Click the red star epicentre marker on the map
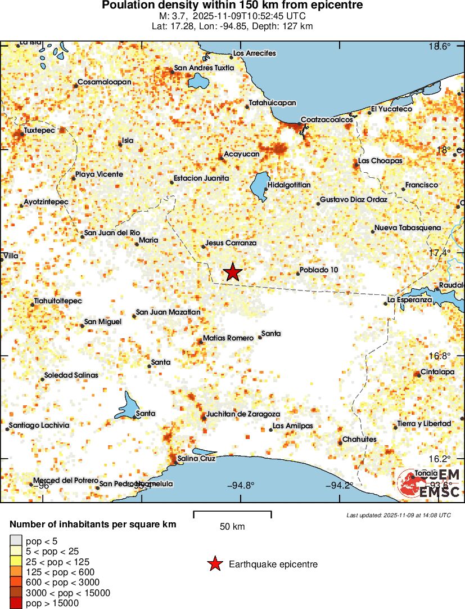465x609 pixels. coord(233,272)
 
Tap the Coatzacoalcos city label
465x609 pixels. coord(327,120)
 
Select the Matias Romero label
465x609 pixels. coord(228,338)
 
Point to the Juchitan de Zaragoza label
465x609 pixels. coord(243,414)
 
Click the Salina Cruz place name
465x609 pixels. coord(196,459)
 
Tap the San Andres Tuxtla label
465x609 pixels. coord(204,69)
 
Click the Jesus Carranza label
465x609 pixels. coord(231,243)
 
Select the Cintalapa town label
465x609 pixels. coord(438,372)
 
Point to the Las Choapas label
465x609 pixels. coord(381,161)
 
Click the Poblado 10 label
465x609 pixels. coord(319,270)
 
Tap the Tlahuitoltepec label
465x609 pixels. coord(58,301)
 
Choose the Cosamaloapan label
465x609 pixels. coord(104,82)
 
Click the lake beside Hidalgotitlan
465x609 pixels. coord(259,186)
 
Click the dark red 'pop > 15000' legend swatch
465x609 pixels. coord(16,603)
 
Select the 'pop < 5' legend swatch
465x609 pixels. coord(16,541)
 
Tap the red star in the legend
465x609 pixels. coord(214,564)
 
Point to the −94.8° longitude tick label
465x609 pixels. coord(241,486)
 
